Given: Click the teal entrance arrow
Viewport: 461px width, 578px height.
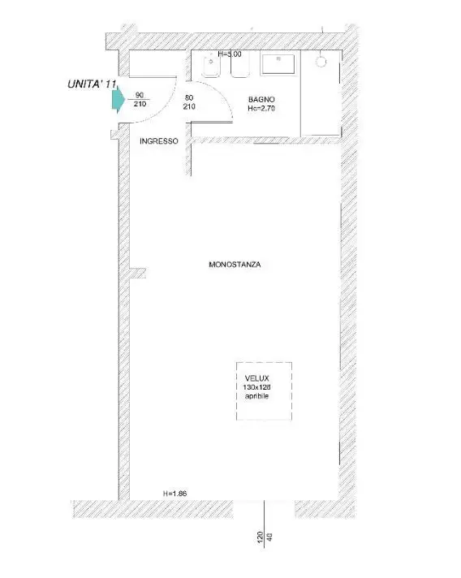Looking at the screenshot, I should click(x=118, y=99).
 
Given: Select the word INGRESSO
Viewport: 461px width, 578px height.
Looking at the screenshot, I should click(x=158, y=141).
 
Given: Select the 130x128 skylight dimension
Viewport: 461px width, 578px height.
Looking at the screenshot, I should click(x=261, y=388).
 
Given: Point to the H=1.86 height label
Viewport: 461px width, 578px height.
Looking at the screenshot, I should click(x=175, y=493).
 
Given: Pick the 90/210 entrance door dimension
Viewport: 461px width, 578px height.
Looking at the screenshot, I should click(x=140, y=100).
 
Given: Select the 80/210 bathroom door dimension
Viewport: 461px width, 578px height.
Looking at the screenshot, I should click(x=189, y=101).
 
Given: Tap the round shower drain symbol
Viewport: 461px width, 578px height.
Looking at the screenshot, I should click(x=321, y=62).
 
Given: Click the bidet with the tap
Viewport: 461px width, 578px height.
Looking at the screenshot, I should click(x=208, y=68).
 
